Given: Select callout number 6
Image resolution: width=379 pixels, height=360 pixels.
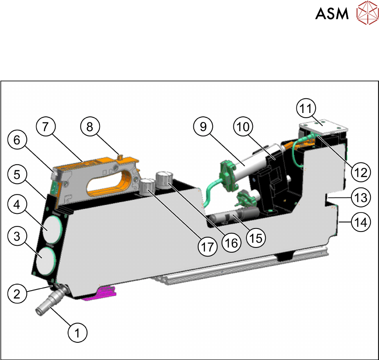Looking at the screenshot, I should point(17,141).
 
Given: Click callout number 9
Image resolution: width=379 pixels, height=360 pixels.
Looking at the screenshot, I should point(203,127).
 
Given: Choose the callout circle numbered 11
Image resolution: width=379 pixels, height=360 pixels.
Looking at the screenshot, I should point(309,108).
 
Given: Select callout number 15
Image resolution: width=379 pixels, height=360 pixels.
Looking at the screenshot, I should point(256,237).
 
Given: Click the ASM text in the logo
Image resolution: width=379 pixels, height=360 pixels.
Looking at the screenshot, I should point(332,14).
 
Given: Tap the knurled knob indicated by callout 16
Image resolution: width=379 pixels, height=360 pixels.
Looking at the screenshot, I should point(164,178).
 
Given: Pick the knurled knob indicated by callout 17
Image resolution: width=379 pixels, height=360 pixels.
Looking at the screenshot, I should point(148,188).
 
